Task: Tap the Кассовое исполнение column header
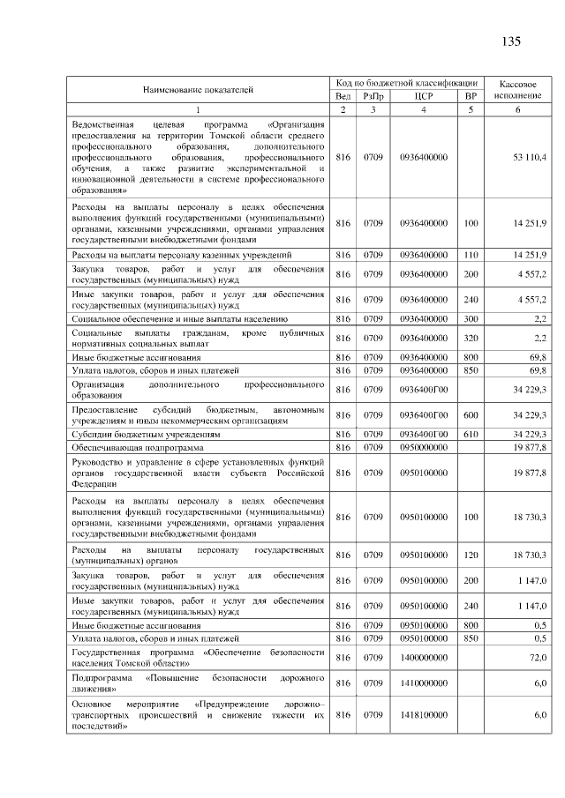click(x=518, y=88)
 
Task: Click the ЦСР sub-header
click(x=423, y=95)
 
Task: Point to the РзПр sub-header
click(x=373, y=95)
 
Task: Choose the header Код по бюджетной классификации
click(x=407, y=82)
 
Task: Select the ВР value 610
click(x=471, y=434)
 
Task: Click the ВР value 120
click(x=471, y=555)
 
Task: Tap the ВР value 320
click(x=471, y=338)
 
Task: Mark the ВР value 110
click(x=471, y=255)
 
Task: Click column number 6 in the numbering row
click(x=518, y=109)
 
